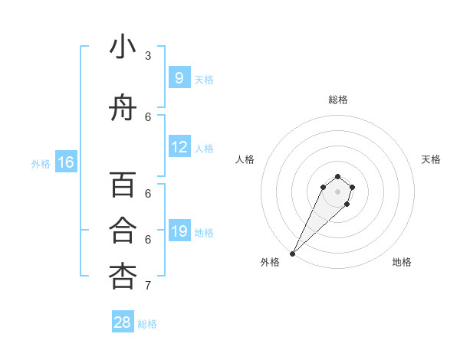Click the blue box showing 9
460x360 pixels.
(x=179, y=78)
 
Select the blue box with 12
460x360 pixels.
(x=179, y=147)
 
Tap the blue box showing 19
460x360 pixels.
(x=179, y=231)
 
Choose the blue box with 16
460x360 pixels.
(x=66, y=162)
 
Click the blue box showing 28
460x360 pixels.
(x=123, y=322)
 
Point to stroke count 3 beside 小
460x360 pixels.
(x=148, y=56)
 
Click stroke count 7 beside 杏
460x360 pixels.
(x=148, y=286)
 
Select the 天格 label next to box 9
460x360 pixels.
(x=204, y=79)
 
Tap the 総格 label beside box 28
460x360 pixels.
(x=147, y=324)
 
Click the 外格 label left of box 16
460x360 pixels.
(x=40, y=163)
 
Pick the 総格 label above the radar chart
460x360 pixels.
(x=337, y=100)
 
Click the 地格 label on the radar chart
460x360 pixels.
(x=402, y=262)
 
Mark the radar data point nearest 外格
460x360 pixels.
(x=293, y=254)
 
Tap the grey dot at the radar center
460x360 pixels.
(x=337, y=191)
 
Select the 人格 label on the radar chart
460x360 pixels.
(x=245, y=159)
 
